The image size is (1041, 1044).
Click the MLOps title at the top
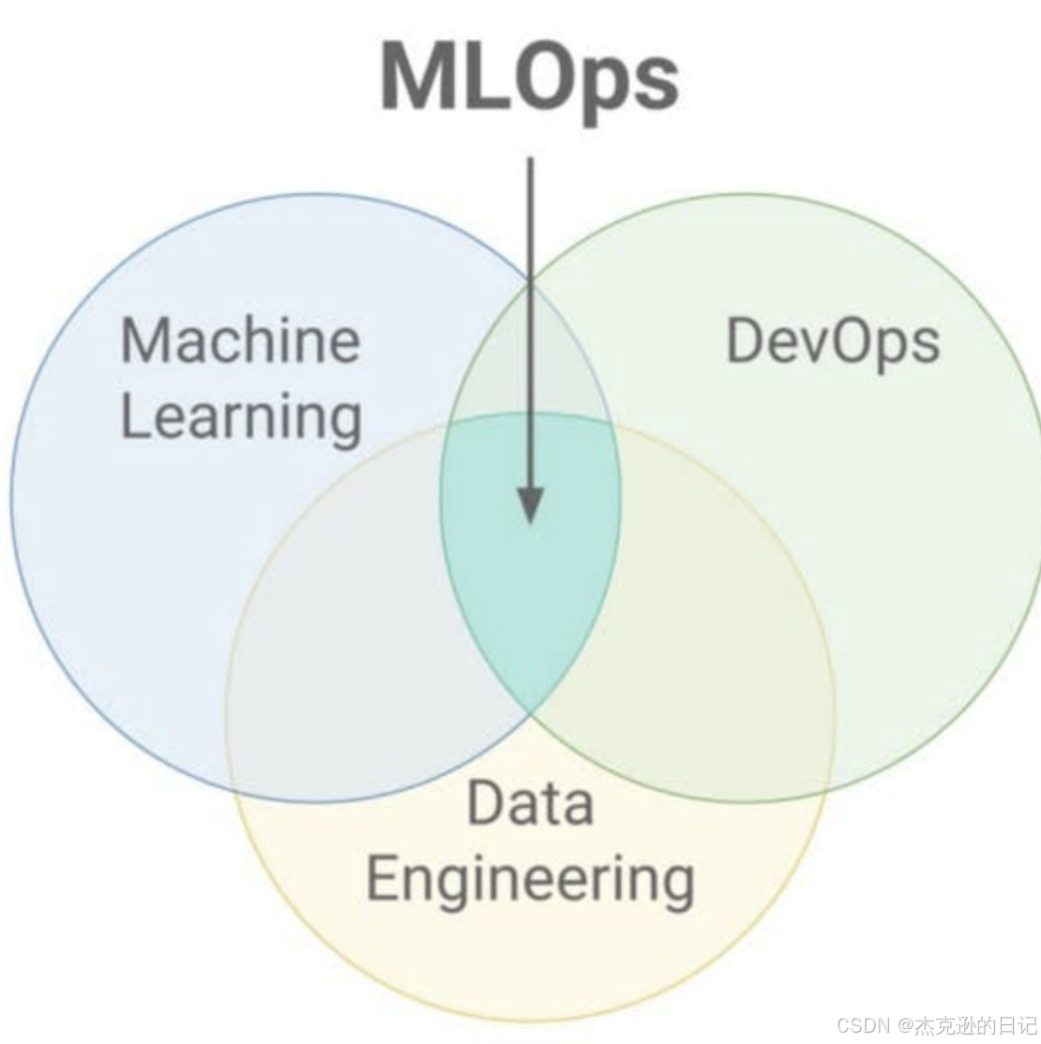529,77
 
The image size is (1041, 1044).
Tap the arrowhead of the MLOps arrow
530,506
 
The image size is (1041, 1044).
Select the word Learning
241,417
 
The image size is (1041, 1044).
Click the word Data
530,804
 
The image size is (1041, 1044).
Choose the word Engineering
530,880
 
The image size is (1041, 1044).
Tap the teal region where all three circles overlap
530,581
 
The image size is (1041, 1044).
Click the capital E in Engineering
383,878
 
